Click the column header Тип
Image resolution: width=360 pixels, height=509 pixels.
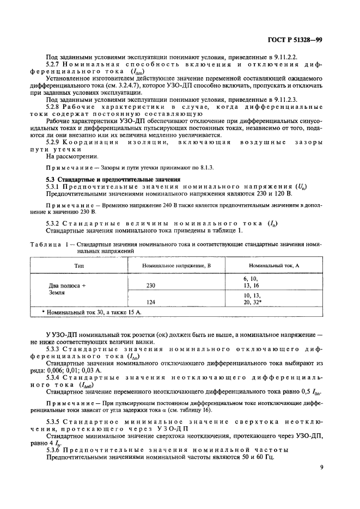(x=79, y=265)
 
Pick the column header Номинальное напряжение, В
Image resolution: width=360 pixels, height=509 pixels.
(x=173, y=265)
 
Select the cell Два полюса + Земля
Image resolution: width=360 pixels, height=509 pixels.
(x=67, y=289)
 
